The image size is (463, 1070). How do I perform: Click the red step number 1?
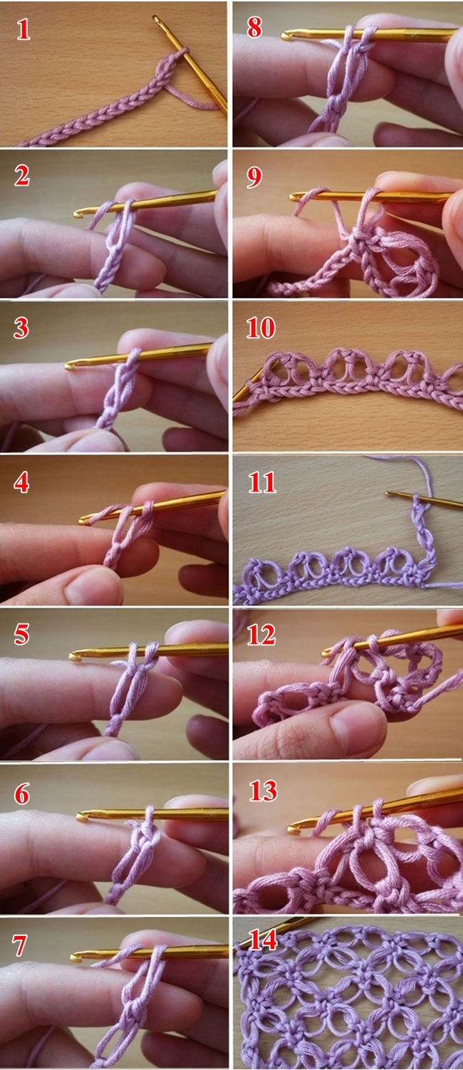(x=23, y=30)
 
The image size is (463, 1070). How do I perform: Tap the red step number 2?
(x=22, y=175)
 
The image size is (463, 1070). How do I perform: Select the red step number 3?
(x=21, y=328)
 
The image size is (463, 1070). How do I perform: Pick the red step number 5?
(x=21, y=635)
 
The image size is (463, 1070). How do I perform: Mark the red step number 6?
(x=22, y=794)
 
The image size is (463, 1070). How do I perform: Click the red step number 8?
(x=254, y=28)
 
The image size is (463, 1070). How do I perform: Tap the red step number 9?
(x=254, y=177)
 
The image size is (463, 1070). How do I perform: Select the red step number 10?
(x=261, y=328)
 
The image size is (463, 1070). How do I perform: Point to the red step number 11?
(x=262, y=482)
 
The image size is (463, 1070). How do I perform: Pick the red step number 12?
(x=261, y=635)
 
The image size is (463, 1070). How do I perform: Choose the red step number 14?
(x=263, y=940)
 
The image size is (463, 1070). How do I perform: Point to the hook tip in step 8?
(x=285, y=36)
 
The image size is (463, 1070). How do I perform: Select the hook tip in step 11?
(x=389, y=493)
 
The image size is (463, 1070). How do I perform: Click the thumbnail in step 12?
(x=357, y=724)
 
